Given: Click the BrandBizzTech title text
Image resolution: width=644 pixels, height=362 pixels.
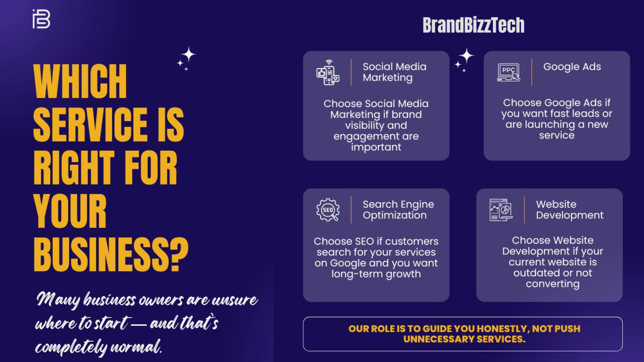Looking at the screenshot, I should click(473, 25).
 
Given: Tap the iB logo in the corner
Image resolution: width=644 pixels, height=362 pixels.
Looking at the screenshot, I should click(41, 19).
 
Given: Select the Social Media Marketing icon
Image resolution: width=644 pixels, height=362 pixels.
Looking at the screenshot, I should click(328, 72).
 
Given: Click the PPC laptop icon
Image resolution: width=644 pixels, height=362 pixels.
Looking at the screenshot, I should click(508, 72).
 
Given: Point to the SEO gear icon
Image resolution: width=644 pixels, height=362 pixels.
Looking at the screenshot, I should click(328, 210).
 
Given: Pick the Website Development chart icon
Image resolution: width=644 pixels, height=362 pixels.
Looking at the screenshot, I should click(501, 210).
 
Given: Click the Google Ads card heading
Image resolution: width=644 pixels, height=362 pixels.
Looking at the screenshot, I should click(572, 67).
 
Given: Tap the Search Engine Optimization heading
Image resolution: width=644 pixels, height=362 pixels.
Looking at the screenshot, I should click(398, 209).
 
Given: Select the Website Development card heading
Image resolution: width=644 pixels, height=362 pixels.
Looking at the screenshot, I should click(570, 209).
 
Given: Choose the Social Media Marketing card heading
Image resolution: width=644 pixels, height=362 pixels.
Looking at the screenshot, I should click(394, 72).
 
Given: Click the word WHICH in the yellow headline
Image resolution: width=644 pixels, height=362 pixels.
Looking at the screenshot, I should click(80, 81).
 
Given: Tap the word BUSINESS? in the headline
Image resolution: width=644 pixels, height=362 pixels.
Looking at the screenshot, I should click(111, 254).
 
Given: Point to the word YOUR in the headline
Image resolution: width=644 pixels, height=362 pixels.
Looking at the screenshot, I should click(70, 211).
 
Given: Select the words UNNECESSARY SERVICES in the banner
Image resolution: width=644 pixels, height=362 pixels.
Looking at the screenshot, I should click(464, 339).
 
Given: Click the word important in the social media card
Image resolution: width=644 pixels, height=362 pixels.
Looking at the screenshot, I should click(376, 147).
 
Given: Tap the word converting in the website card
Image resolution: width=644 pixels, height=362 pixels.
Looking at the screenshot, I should click(552, 284).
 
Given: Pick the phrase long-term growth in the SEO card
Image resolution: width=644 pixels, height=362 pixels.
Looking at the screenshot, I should click(376, 274).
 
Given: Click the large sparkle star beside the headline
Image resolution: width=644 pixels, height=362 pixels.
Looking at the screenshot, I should click(189, 55).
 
